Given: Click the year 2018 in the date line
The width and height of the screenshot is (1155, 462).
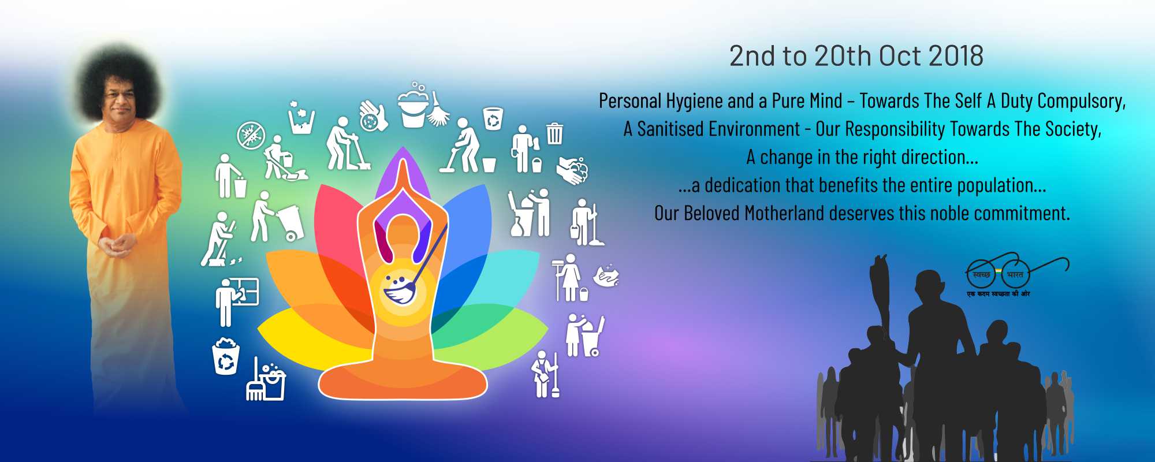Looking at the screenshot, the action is [x=956, y=56].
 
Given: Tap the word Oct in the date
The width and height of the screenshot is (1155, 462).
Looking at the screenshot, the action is [x=900, y=56].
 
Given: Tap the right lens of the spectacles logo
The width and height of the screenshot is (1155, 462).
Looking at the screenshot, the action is [x=1015, y=274].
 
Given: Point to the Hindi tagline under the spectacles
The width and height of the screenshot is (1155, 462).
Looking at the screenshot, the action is [x=998, y=294].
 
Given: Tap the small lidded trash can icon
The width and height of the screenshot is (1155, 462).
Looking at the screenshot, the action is [x=554, y=133].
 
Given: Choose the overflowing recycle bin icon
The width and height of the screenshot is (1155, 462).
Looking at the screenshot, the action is [x=226, y=356].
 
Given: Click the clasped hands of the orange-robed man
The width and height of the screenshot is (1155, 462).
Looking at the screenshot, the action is [x=120, y=245].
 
